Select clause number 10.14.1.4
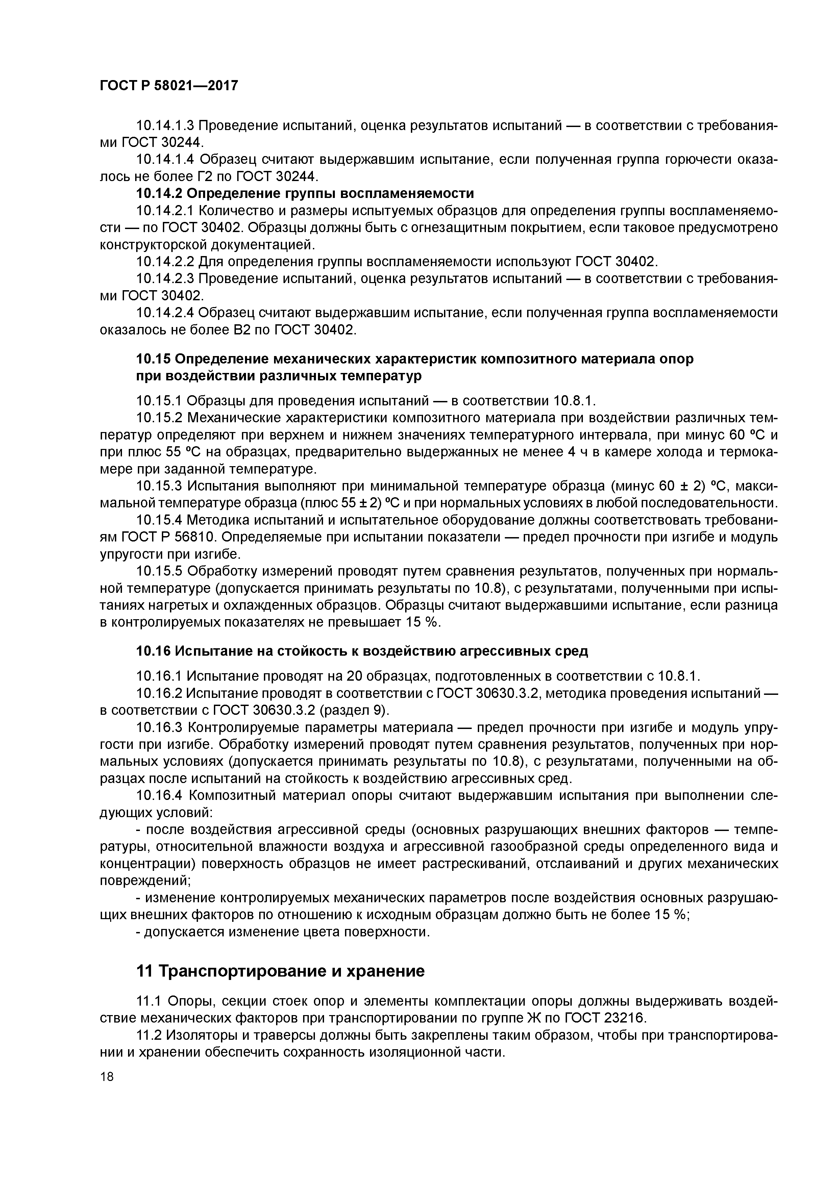coord(165,159)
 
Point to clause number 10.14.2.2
coord(165,262)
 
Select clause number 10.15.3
coord(159,486)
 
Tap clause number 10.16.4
coord(159,795)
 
